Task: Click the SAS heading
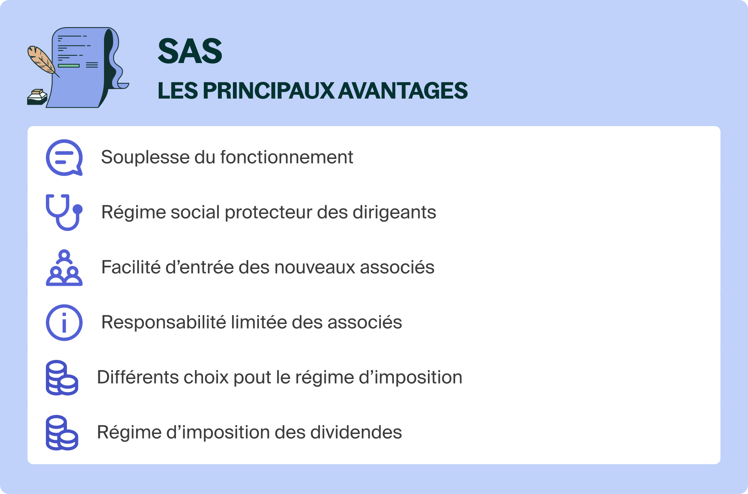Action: tap(190, 51)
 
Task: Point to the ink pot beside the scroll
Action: tap(37, 97)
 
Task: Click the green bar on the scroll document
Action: tap(69, 66)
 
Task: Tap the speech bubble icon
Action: tap(64, 157)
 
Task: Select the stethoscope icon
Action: tap(64, 212)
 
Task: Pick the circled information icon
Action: tap(64, 322)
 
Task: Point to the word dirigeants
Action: tap(394, 212)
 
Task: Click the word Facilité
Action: tap(131, 267)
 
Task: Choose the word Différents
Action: tap(138, 377)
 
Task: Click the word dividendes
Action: tap(356, 432)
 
